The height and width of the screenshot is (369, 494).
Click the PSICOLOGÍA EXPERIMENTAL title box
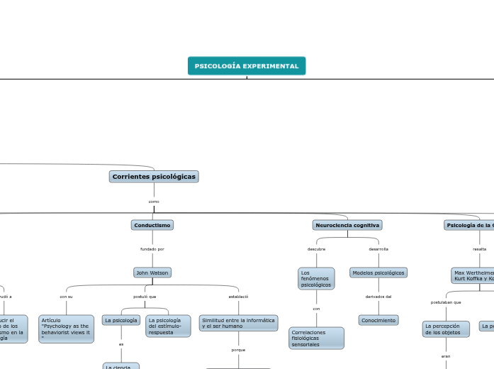pyautogui.click(x=247, y=66)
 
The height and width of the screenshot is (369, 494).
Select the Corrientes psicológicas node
pyautogui.click(x=154, y=176)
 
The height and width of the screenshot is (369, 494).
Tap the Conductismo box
pyautogui.click(x=152, y=225)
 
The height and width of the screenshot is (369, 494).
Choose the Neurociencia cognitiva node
pyautogui.click(x=347, y=225)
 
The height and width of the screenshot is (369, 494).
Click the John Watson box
pyautogui.click(x=152, y=272)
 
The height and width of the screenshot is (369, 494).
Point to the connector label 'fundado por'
pyautogui.click(x=152, y=249)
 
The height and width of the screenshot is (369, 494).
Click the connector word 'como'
pyautogui.click(x=154, y=202)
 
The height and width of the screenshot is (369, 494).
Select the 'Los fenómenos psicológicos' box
pyautogui.click(x=316, y=278)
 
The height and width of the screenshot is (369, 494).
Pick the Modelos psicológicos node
pyautogui.click(x=378, y=272)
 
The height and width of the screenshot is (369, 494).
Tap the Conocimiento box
pyautogui.click(x=378, y=320)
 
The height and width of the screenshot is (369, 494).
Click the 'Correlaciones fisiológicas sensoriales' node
pyautogui.click(x=316, y=338)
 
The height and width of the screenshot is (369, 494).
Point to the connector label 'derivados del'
pyautogui.click(x=378, y=296)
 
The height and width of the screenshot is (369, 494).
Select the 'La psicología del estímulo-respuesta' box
pyautogui.click(x=168, y=326)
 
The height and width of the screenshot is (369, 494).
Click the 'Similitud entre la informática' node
pyautogui.click(x=238, y=323)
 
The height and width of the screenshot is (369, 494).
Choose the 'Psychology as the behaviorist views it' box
pyautogui.click(x=66, y=329)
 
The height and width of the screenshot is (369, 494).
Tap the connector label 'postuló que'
pyautogui.click(x=145, y=296)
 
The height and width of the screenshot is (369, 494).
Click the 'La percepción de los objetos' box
pyautogui.click(x=446, y=329)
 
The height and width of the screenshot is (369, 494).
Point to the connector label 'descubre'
pyautogui.click(x=316, y=249)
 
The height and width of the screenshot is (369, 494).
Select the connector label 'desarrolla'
pyautogui.click(x=378, y=249)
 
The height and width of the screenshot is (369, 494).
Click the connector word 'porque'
pyautogui.click(x=238, y=350)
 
